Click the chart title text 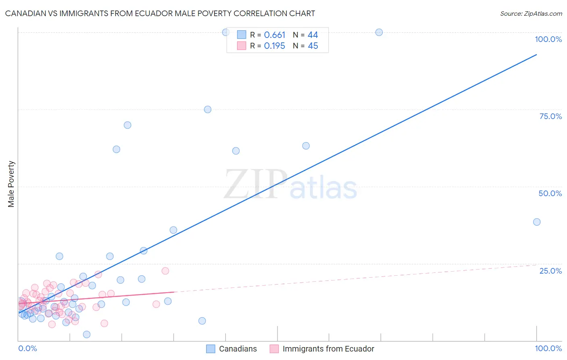[x=160, y=13]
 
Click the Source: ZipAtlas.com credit [x=531, y=13]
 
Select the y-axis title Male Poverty [x=11, y=184]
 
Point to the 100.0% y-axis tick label [x=548, y=39]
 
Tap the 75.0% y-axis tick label [x=550, y=116]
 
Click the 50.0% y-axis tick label [x=550, y=193]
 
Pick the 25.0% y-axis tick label [x=550, y=271]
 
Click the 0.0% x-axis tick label [x=28, y=348]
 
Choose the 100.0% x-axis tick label [x=548, y=348]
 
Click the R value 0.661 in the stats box [x=275, y=35]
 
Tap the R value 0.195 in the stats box [x=275, y=46]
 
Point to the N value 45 [x=313, y=46]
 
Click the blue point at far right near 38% [x=537, y=222]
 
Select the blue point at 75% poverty [x=208, y=109]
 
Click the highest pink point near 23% [x=165, y=271]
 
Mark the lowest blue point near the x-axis [x=87, y=334]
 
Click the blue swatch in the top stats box [x=242, y=35]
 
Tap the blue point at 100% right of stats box [x=379, y=32]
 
